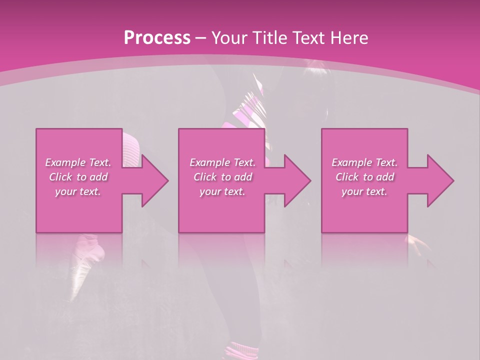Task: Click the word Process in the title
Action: [x=157, y=37]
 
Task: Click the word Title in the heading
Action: [x=268, y=37]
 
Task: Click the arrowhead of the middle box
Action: [x=297, y=180]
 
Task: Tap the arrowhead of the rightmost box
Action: [x=440, y=180]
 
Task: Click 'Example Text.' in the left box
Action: [x=78, y=162]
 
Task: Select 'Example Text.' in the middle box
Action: [x=222, y=162]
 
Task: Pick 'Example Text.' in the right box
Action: [x=364, y=162]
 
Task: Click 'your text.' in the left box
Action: [x=78, y=191]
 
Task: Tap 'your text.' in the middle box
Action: [x=222, y=191]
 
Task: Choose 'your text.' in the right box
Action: [x=364, y=191]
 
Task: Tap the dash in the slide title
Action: [x=200, y=38]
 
